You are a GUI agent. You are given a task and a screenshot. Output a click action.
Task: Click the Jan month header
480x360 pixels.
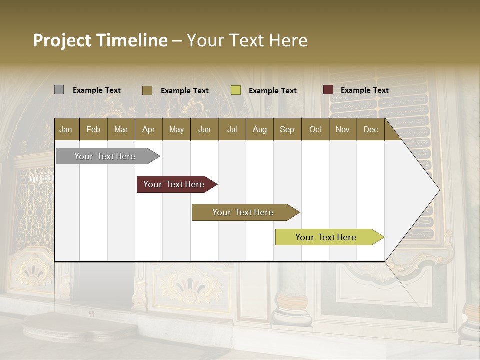66,129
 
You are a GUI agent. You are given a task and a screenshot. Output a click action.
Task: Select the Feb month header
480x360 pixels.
93,129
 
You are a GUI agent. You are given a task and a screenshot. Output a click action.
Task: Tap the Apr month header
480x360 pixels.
148,129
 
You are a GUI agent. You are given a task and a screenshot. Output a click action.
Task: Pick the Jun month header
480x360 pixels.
204,129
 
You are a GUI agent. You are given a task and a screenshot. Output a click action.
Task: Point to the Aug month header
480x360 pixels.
259,129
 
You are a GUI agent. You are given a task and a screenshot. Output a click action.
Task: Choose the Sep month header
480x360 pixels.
287,129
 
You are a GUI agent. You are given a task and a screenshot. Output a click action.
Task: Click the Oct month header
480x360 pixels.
315,129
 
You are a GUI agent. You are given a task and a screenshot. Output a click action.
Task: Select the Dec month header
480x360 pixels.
370,129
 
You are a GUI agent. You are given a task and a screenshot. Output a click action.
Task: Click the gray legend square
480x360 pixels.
59,90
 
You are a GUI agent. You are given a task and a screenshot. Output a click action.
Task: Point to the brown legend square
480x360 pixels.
147,90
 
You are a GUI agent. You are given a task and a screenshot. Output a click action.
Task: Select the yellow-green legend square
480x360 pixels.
236,90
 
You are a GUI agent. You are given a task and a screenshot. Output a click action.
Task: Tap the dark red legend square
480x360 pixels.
328,90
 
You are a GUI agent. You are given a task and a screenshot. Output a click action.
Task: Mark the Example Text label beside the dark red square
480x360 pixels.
364,90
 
